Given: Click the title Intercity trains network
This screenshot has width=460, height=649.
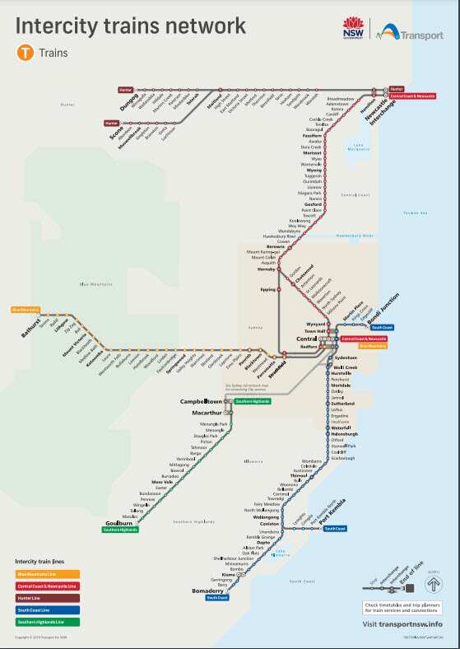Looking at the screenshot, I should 130,26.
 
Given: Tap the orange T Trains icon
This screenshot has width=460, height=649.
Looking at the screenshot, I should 24,54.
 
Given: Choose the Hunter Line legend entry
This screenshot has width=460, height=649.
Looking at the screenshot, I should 32,597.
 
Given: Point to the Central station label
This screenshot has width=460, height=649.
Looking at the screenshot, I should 306,338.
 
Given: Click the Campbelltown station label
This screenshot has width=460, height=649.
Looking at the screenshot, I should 204,401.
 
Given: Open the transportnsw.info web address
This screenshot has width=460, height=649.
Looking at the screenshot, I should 402,624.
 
